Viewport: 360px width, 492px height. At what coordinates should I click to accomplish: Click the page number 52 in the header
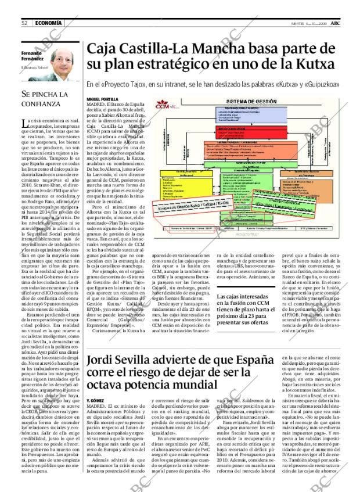(x=25, y=23)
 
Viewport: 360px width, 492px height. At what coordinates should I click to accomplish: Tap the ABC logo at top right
(x=344, y=23)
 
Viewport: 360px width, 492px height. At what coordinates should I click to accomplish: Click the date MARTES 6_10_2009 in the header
(x=312, y=23)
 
